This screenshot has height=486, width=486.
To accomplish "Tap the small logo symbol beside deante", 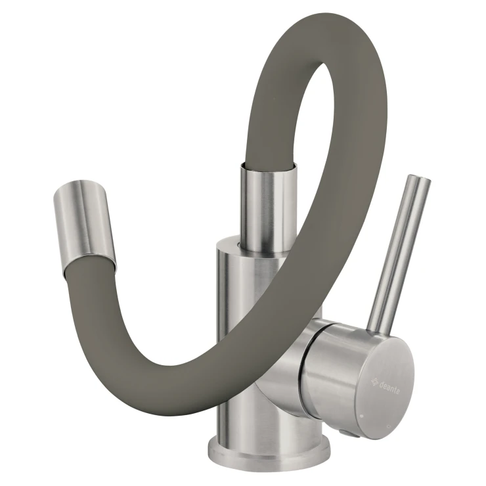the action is point(374,381).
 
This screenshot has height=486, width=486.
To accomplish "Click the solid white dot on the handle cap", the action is point(362,415).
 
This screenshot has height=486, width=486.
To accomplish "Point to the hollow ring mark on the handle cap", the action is point(389,428).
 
